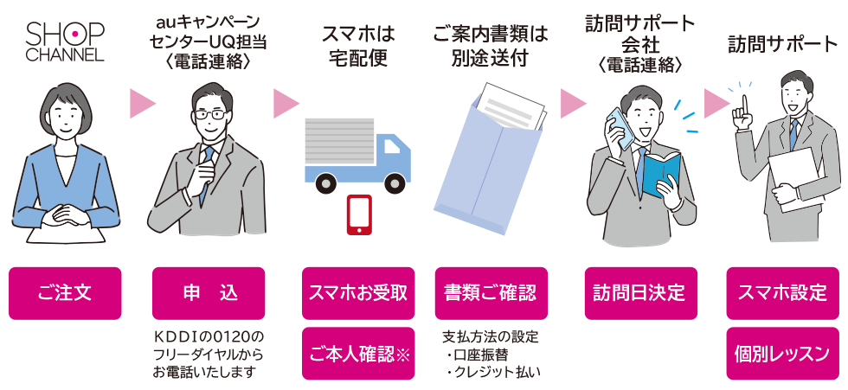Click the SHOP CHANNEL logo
[x=65, y=42]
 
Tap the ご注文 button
[x=65, y=292]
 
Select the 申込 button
[x=209, y=292]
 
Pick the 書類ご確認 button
[x=491, y=292]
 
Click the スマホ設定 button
[x=782, y=292]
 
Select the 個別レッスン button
[x=782, y=353]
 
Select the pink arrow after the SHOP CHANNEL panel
[x=141, y=105]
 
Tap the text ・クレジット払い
[x=491, y=373]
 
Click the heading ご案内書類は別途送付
[x=491, y=47]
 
